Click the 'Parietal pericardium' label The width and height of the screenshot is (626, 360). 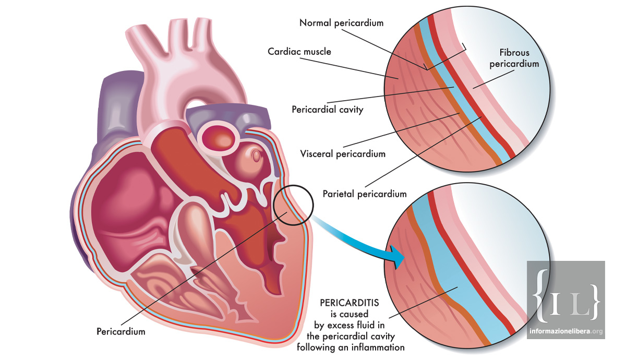pos(364,194)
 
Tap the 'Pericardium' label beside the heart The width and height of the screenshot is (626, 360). pos(121,331)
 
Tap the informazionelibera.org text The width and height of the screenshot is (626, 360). pos(565,331)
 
